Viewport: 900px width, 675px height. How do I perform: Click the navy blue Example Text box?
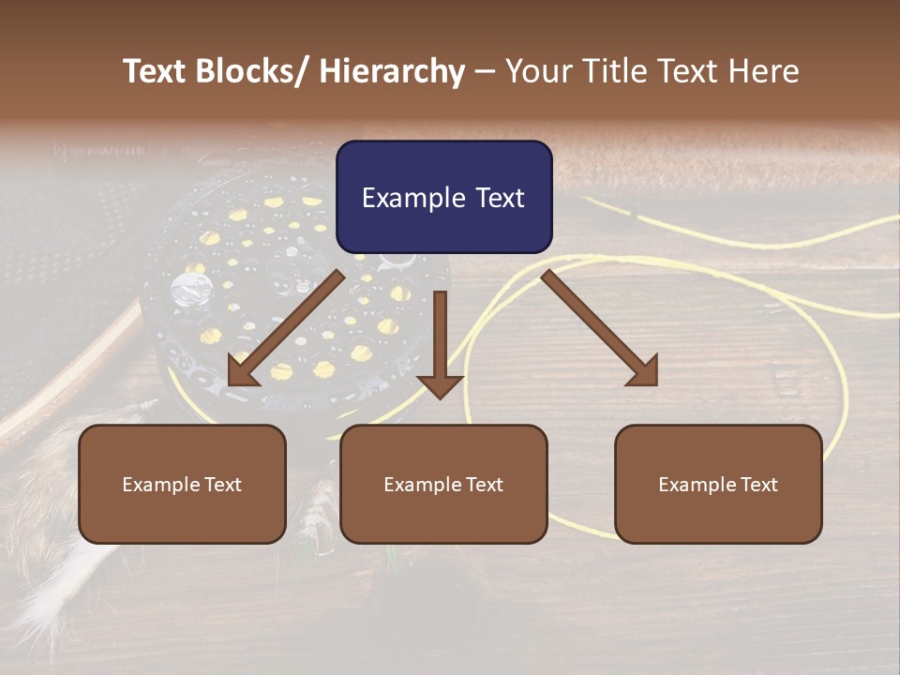click(443, 197)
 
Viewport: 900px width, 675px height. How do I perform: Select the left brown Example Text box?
click(182, 484)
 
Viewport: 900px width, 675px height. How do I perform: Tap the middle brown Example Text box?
click(443, 484)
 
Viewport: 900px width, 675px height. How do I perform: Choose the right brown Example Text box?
click(718, 484)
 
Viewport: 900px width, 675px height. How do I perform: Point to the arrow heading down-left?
click(286, 328)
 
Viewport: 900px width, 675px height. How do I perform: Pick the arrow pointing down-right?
click(600, 328)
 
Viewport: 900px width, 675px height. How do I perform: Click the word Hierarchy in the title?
click(392, 72)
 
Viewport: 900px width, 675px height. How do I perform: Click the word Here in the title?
click(764, 72)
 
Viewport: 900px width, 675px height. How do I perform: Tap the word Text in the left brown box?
click(222, 485)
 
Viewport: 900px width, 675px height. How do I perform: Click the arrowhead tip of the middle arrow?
click(440, 396)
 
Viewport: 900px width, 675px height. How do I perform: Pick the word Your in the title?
click(537, 72)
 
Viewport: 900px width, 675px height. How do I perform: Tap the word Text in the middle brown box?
click(484, 485)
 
